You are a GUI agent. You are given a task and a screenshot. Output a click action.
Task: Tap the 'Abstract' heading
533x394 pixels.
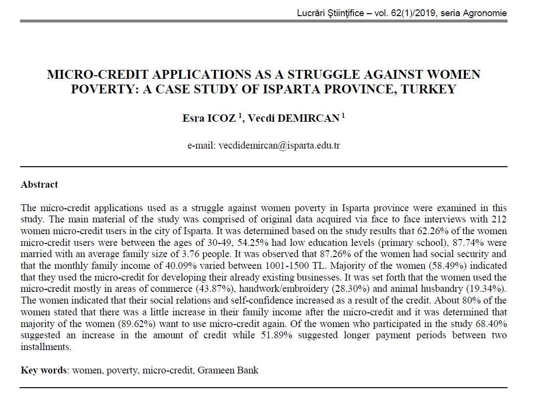click(39, 185)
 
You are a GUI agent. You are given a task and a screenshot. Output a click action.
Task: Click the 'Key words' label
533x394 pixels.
click(44, 370)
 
